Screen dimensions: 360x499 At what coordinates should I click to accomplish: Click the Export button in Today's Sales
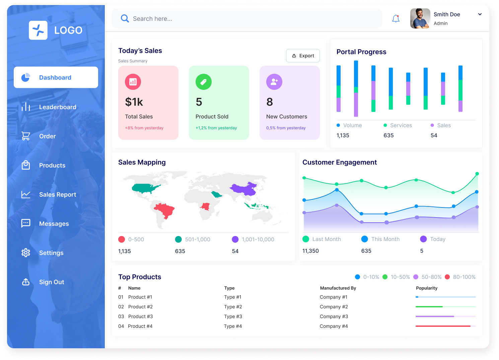tap(303, 56)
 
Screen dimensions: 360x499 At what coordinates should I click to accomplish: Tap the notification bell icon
tap(396, 18)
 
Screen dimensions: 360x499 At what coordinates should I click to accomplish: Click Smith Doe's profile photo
tap(420, 18)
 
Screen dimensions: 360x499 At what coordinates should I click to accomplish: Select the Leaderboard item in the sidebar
tap(57, 107)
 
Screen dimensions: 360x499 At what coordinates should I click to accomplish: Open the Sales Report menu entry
tap(57, 194)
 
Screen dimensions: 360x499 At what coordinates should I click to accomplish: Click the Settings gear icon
tap(26, 253)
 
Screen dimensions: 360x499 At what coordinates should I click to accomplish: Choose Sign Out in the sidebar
tap(51, 282)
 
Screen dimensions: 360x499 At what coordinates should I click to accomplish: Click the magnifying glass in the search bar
tap(125, 18)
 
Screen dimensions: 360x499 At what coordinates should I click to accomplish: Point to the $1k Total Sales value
tap(134, 102)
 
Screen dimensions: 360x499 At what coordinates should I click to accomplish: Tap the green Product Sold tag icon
tap(203, 82)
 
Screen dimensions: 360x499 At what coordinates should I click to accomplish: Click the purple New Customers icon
tap(274, 82)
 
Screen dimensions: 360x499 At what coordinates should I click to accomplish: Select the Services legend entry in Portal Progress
tap(401, 125)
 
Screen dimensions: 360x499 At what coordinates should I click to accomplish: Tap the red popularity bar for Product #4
tap(443, 326)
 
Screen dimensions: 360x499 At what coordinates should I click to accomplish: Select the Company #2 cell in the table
tap(334, 307)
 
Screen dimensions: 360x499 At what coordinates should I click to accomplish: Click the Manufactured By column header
tap(338, 288)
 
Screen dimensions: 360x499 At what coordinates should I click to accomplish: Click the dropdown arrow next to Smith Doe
tap(480, 14)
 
